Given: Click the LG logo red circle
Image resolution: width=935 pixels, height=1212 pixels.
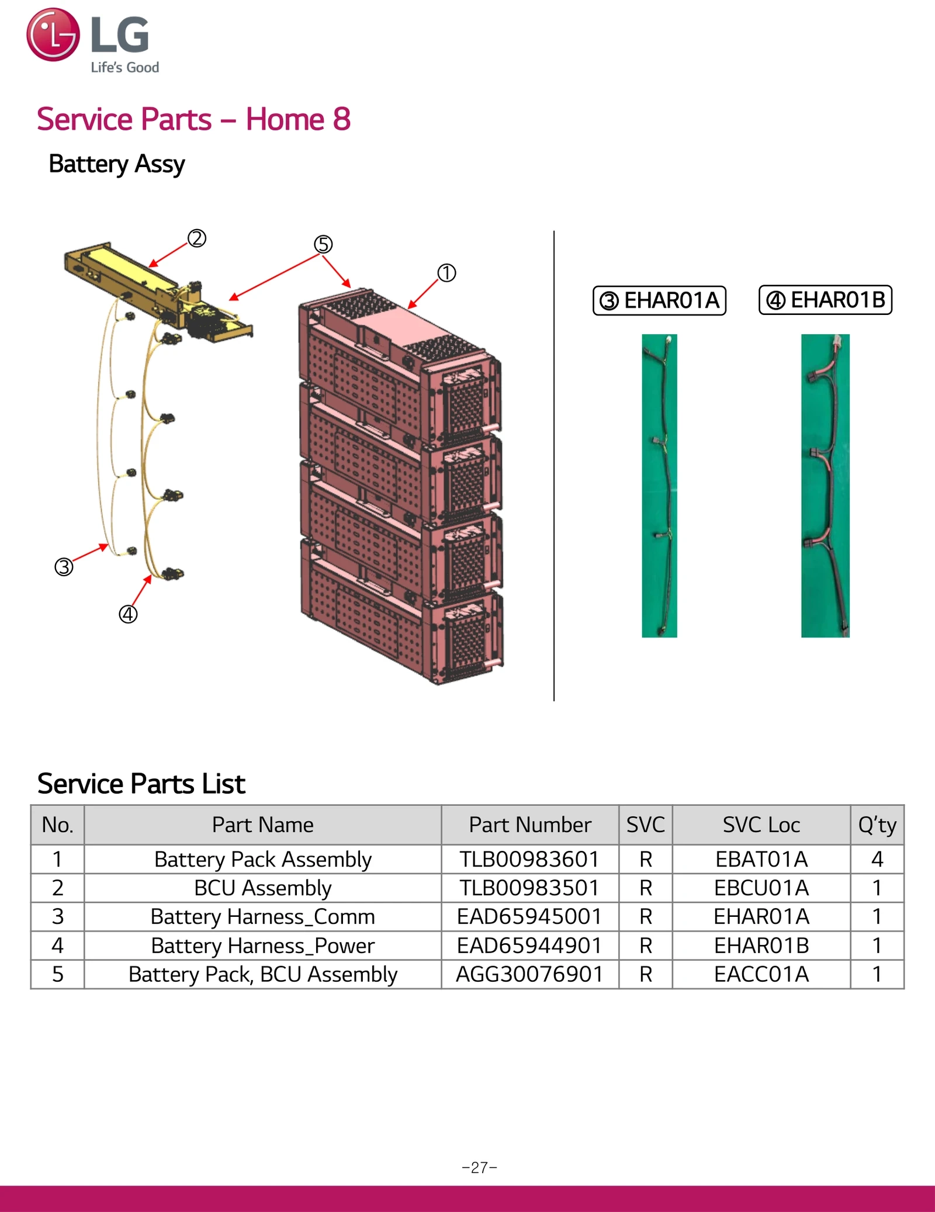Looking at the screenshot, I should coord(53,34).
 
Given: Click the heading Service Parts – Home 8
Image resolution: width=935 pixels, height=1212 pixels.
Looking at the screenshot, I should coord(193,119).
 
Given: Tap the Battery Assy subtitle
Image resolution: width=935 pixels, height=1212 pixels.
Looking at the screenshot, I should coord(117,164).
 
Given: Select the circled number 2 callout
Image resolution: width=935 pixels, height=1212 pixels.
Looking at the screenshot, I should coord(197,238).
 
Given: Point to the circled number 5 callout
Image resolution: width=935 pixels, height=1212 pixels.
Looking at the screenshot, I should coord(323,244).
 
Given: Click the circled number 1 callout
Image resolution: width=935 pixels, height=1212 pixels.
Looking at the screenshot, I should coord(446,273).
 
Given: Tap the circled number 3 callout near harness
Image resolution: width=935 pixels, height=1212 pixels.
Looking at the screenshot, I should coord(64,567).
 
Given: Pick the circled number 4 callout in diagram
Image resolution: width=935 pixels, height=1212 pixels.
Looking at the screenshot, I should coord(128,614).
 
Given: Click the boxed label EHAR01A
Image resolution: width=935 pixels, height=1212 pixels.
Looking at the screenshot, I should coord(659,300).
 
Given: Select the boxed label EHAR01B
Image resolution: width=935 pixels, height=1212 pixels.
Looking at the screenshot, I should coord(825,300).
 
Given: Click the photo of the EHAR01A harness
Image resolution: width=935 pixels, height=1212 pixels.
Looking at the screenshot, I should coord(659,485).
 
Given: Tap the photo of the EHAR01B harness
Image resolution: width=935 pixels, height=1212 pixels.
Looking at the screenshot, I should coord(825,485).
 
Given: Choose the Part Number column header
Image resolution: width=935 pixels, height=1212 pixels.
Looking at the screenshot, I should coord(529,825).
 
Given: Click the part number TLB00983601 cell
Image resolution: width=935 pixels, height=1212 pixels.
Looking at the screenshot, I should coord(529,859).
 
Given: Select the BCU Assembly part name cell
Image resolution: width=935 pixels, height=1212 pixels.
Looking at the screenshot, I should coord(262,888).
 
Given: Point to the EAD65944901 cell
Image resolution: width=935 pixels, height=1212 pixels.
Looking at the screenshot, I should coord(529,946).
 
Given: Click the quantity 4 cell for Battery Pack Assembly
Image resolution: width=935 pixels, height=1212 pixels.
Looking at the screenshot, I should coord(877,859).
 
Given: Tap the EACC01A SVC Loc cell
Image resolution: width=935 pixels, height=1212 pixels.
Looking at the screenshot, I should coord(761,974).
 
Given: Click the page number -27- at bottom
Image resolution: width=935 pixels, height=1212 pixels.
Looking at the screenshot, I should coord(479,1168).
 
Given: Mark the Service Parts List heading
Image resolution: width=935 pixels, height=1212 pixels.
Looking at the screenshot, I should coord(141,784).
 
